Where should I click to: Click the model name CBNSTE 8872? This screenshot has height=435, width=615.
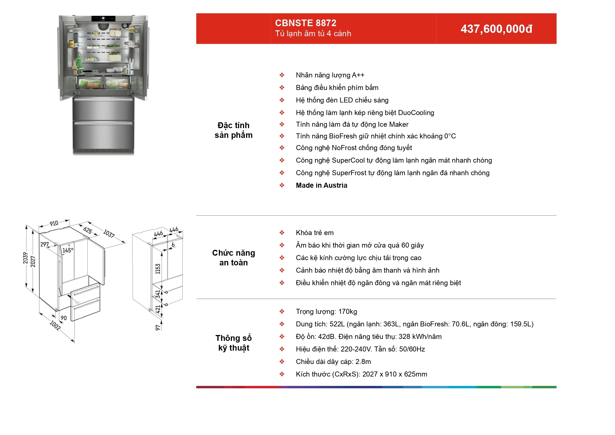click(305, 23)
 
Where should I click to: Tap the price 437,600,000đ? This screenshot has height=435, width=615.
click(496, 29)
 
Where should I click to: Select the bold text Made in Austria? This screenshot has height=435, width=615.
click(322, 185)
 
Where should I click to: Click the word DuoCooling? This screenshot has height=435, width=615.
click(416, 113)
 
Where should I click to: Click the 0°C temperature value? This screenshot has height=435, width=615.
click(450, 136)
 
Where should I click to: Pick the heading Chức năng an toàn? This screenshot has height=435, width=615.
click(234, 258)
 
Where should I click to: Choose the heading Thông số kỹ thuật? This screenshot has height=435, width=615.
click(234, 343)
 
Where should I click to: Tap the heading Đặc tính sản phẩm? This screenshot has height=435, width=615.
click(234, 130)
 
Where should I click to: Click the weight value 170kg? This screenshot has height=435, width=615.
click(348, 312)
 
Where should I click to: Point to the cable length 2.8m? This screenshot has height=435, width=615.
click(363, 362)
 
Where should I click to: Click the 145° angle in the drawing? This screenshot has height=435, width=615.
click(68, 250)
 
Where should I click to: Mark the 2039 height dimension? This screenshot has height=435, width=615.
click(25, 258)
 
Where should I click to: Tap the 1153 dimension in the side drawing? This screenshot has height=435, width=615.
click(158, 269)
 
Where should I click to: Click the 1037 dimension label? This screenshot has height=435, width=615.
click(109, 233)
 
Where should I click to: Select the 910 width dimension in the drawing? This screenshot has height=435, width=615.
click(54, 223)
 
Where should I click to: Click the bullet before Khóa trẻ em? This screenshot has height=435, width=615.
click(282, 233)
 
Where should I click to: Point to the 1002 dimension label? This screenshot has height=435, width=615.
click(55, 325)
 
